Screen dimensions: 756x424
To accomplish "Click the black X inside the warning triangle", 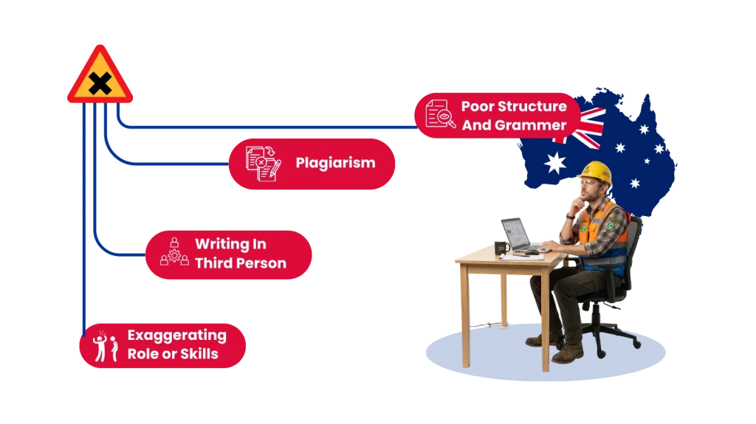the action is (100, 84).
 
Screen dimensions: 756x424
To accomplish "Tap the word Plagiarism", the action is (336, 163).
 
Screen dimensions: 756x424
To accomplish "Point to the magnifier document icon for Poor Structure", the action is (440, 114).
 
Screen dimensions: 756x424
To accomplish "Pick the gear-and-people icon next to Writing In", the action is (174, 252).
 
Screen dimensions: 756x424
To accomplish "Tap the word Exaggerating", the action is (177, 336).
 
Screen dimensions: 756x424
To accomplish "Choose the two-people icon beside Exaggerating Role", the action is (106, 346).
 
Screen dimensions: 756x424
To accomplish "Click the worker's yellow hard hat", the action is (596, 172).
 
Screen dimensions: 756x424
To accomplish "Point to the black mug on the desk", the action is (501, 248).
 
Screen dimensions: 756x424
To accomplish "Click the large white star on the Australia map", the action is (555, 163).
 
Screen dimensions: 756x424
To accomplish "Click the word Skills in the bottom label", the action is (199, 354).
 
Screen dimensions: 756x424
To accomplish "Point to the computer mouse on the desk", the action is (532, 252).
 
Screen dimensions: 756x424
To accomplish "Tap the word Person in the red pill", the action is (262, 263).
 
